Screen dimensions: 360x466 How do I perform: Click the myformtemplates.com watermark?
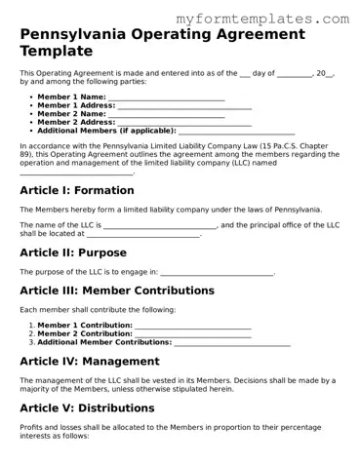click(x=262, y=19)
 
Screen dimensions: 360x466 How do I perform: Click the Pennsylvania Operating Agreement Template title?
click(x=162, y=43)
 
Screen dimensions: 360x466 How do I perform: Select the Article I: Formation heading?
click(x=77, y=190)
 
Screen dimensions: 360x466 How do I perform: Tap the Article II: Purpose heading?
click(x=73, y=252)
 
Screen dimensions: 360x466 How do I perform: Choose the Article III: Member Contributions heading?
click(x=117, y=291)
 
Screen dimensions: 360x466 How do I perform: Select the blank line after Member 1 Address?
click(x=184, y=105)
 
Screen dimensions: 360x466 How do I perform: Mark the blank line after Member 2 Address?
click(x=184, y=122)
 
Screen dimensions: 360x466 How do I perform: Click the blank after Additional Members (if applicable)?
click(x=236, y=130)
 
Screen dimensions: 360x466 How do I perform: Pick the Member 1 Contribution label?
click(x=85, y=325)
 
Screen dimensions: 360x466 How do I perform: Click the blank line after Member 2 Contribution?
click(x=192, y=333)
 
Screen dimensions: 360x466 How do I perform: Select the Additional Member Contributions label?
click(x=104, y=342)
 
